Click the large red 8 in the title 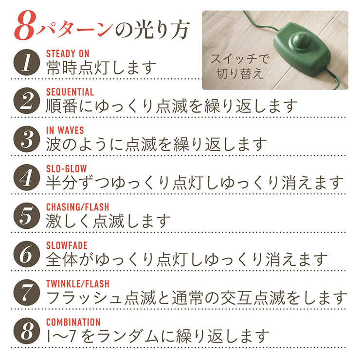[x=25, y=26]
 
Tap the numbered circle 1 [x=27, y=62]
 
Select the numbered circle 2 [x=27, y=101]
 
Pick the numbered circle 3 [x=27, y=139]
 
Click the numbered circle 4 [x=27, y=177]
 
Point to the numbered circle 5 [x=27, y=216]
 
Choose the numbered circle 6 [x=27, y=254]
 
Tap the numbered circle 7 [x=27, y=292]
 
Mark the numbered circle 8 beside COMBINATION [x=27, y=331]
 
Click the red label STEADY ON [x=68, y=54]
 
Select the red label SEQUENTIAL [x=70, y=92]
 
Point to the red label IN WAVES [x=65, y=130]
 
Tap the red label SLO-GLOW [x=67, y=169]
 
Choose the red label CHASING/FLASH [x=77, y=207]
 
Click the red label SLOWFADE [x=67, y=245]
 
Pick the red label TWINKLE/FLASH [x=77, y=284]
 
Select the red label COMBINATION [x=73, y=322]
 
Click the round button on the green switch [x=301, y=40]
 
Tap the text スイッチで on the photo [x=239, y=59]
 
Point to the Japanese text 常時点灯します [x=101, y=68]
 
